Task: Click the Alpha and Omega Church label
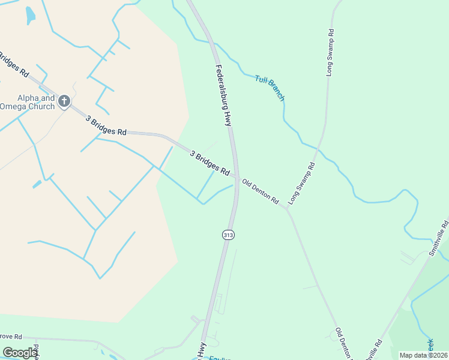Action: (28, 102)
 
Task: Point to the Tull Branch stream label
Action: (270, 88)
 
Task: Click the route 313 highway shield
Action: (228, 235)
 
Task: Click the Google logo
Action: (20, 353)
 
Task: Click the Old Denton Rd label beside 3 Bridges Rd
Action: (261, 190)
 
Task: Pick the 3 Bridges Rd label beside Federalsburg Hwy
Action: (210, 163)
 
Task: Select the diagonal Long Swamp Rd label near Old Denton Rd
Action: (302, 183)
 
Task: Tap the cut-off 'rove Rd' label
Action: (11, 337)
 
